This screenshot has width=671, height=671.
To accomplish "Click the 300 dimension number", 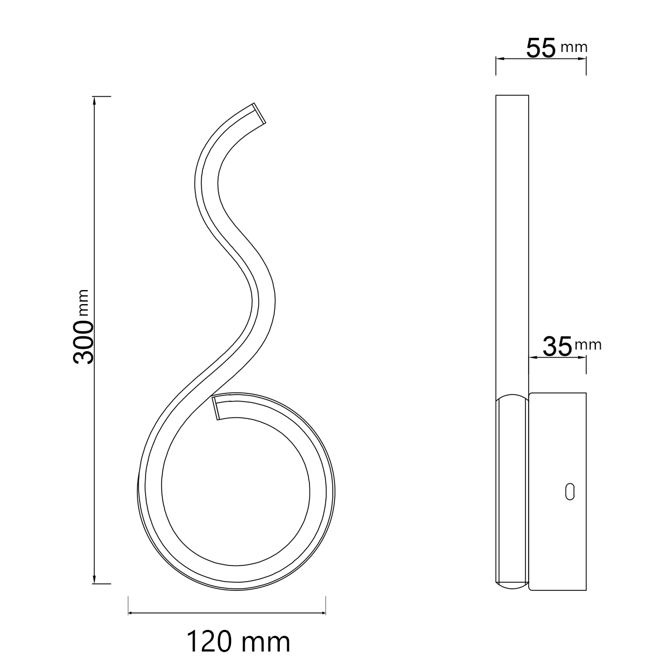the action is [83, 343].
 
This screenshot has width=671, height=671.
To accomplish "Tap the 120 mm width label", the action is [238, 641].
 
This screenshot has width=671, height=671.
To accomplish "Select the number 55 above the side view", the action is [541, 48].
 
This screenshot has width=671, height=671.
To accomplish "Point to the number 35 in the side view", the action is [557, 346].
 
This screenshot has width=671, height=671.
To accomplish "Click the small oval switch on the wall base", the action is [570, 492].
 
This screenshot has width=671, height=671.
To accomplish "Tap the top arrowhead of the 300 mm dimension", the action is [94, 101].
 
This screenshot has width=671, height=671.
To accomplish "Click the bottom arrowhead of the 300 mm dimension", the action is [94, 578].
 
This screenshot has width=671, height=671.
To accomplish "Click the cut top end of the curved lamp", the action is [259, 113].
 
